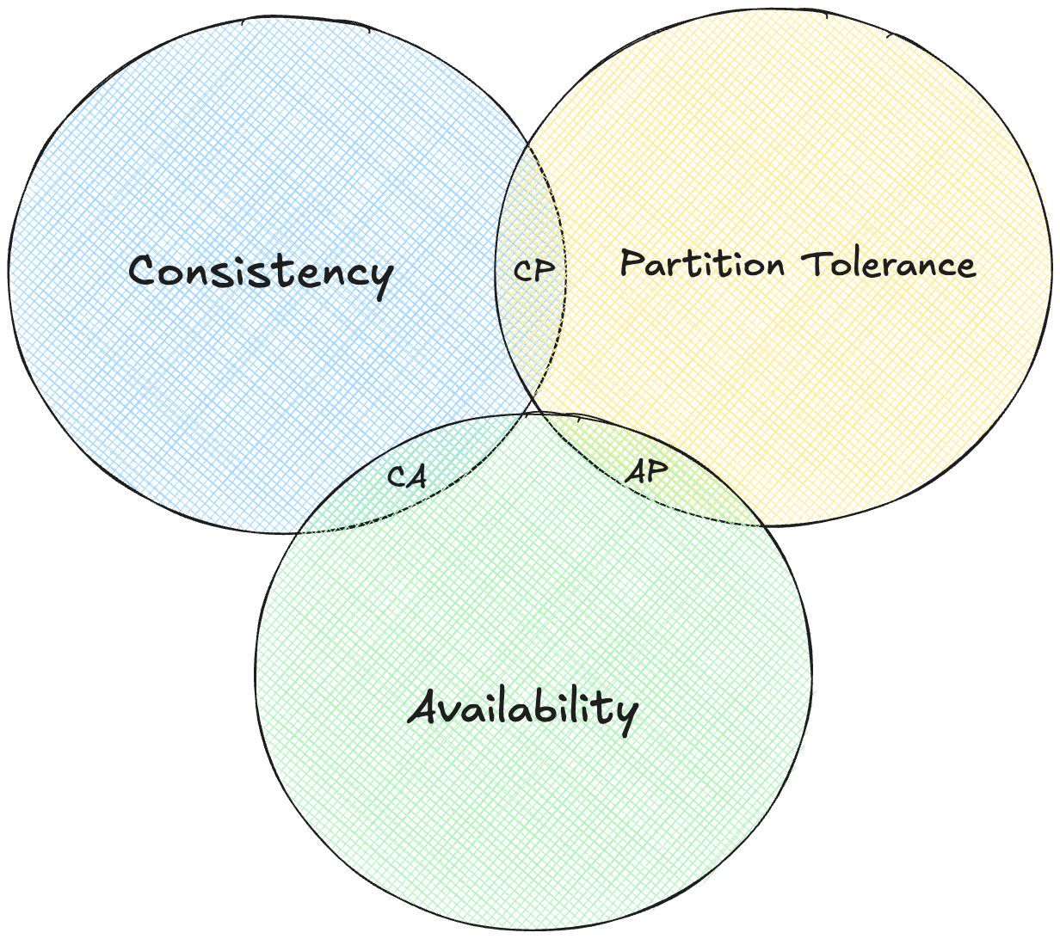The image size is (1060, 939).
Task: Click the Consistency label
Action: coord(260,273)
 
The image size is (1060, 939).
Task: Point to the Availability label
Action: coord(523,710)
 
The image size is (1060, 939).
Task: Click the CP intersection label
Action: coord(533,269)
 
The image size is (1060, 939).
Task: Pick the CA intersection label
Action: coord(404,476)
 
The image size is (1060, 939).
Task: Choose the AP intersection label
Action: coord(646,472)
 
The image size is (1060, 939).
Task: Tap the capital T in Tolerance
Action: coord(822,263)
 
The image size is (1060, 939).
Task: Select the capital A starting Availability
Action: coord(427,710)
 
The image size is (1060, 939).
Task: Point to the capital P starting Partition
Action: coord(632,263)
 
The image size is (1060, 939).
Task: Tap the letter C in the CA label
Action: coord(396,476)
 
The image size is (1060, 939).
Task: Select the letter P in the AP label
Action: coord(655,472)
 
